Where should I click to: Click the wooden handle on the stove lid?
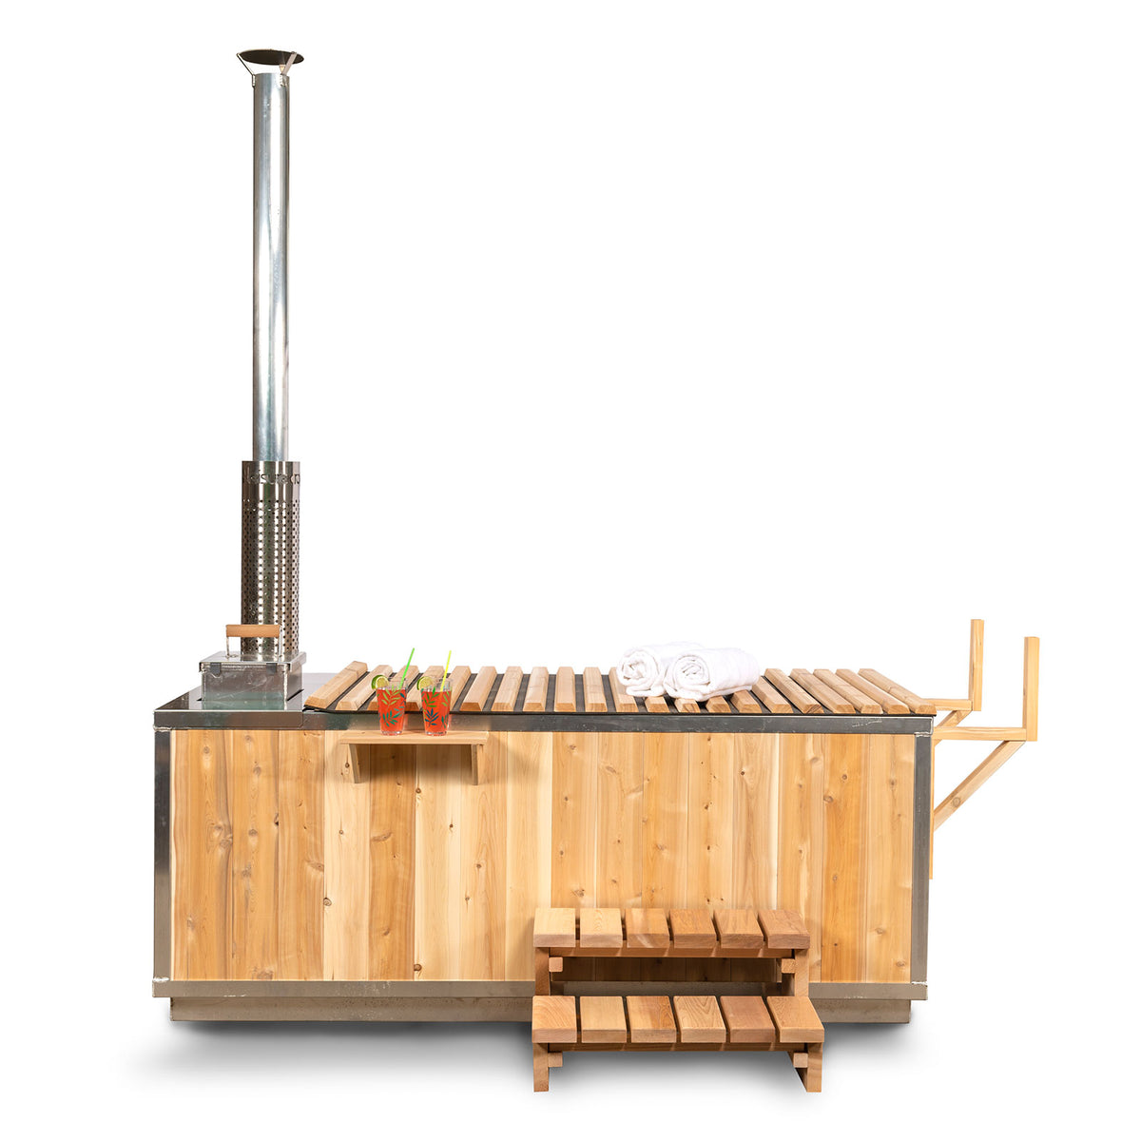coord(252,630)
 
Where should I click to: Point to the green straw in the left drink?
coord(407,666)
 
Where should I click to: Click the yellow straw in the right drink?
coord(444,668)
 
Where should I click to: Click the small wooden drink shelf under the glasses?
coord(414,738)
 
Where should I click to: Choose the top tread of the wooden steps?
coord(671,928)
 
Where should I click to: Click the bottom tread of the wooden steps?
coord(677,1019)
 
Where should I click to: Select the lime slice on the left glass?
coord(378,682)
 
